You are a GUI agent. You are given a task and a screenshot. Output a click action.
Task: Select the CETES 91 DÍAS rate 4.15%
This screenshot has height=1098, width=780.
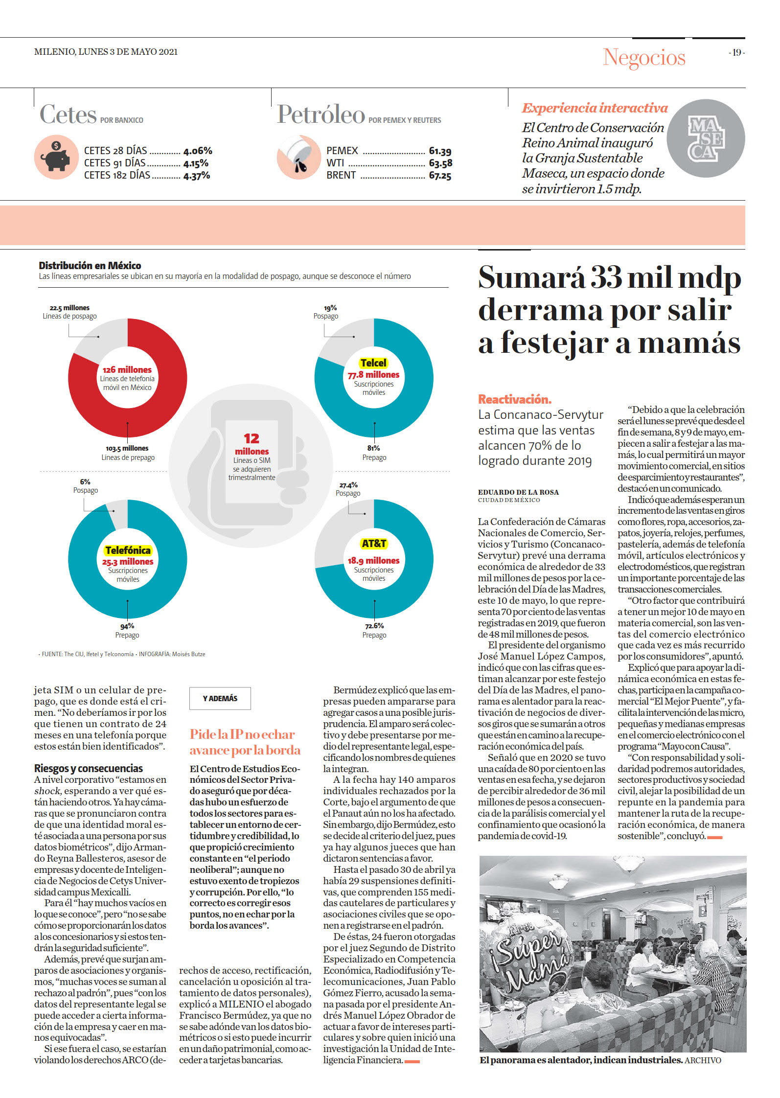196,163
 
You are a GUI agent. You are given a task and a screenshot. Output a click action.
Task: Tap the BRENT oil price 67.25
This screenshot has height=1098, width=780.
440,176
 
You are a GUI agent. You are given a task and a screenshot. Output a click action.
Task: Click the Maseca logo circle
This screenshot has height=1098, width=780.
706,138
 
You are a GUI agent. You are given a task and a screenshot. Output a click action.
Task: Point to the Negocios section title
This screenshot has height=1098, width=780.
644,57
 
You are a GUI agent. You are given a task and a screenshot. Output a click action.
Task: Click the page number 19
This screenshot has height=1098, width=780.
736,52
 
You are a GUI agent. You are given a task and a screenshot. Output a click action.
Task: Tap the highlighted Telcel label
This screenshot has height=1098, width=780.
373,363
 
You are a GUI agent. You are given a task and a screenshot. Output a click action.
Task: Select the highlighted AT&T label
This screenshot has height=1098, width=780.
374,544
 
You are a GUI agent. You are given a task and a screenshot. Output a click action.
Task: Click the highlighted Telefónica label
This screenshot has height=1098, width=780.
128,550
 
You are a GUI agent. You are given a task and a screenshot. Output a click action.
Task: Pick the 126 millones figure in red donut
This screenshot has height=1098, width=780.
127,370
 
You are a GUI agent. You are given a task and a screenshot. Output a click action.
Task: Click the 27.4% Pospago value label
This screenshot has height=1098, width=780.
348,485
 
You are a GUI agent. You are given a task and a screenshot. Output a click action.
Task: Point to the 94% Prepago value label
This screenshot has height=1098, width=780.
127,626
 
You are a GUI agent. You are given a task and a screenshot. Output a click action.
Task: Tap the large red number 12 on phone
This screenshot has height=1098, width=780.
252,438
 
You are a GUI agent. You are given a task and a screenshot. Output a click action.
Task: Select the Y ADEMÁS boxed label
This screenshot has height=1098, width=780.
220,698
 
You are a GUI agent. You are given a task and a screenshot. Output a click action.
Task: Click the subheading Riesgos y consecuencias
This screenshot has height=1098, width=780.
89,768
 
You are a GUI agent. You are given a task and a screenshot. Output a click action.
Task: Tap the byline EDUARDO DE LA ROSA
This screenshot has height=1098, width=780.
518,492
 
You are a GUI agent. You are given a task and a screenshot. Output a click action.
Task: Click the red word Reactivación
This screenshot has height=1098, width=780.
515,399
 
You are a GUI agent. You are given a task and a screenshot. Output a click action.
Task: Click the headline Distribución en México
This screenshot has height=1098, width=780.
90,266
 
